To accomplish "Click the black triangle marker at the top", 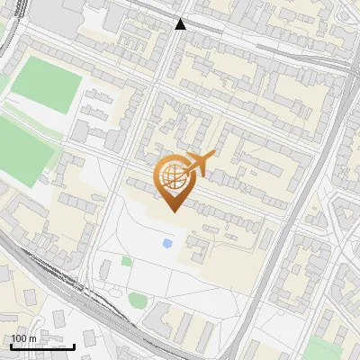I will [x=181, y=24].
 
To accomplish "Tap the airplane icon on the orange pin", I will [x=199, y=164].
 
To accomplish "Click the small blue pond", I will [x=168, y=243].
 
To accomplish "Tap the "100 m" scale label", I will [x=25, y=338].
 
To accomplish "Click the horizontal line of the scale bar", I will [x=42, y=346].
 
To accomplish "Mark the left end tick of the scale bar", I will [x=11, y=345].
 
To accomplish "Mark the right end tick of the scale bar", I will [x=75, y=345].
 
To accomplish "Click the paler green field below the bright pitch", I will [x=22, y=148].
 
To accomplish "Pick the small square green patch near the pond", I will [x=127, y=261].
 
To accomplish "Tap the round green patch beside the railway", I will [x=138, y=300].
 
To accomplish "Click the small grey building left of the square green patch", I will [x=106, y=269].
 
